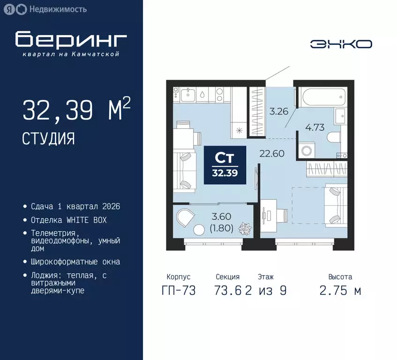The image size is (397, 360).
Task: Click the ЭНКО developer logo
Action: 341,44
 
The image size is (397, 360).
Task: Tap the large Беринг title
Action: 71,40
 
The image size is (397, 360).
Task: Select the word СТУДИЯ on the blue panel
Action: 48,138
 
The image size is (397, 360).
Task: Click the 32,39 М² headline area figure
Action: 76,111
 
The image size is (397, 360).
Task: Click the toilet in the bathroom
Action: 336,137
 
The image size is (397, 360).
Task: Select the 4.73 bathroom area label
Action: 315,127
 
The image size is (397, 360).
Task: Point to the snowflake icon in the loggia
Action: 244,229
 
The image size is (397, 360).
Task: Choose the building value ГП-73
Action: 178,291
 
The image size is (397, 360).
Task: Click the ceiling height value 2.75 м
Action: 340,291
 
